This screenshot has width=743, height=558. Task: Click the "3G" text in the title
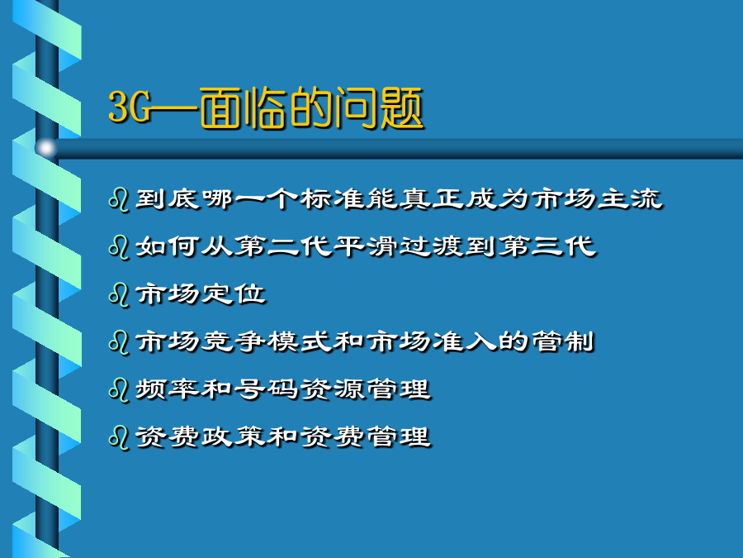[x=130, y=107]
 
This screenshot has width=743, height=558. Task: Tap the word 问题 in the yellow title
[x=379, y=107]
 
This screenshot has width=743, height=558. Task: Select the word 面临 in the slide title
[x=244, y=107]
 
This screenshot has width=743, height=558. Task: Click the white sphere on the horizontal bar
[x=46, y=148]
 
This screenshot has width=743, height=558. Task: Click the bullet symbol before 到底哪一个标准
[x=118, y=199]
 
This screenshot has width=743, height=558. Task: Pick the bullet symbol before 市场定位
[x=118, y=294]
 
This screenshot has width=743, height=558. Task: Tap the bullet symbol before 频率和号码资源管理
[x=118, y=390]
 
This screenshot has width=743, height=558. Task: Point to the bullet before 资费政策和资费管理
[x=118, y=437]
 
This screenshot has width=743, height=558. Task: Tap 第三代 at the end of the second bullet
[x=547, y=246]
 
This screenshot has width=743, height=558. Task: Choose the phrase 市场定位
[x=201, y=294]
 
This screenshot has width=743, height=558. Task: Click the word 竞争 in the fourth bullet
[x=233, y=341]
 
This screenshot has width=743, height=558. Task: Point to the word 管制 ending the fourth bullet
[x=562, y=341]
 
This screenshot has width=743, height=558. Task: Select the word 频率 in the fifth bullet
[x=168, y=389]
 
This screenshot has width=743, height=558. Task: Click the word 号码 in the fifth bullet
[x=267, y=389]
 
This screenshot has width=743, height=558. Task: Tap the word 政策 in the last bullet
[x=233, y=437]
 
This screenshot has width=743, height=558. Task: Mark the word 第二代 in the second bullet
[x=283, y=246]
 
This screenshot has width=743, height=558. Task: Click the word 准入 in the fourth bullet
[x=464, y=341]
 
